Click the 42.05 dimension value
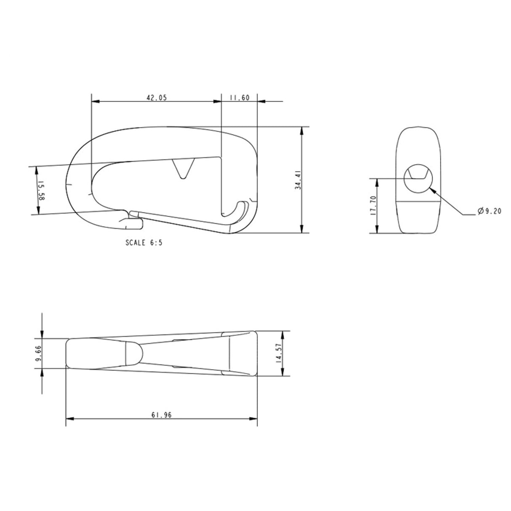tap(157, 98)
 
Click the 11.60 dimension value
tap(240, 98)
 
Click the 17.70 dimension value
tap(372, 206)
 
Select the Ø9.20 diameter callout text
tap(490, 212)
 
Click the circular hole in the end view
tap(418, 179)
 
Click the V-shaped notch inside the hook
tap(184, 168)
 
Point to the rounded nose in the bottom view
tap(133, 353)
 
